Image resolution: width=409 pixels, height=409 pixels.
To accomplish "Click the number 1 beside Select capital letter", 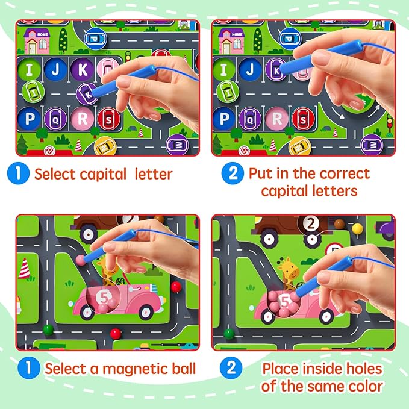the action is pos(18,173).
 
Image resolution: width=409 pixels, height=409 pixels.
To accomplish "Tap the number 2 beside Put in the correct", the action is pos(233,173).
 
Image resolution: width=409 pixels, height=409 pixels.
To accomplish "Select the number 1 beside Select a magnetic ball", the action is pos(29,368).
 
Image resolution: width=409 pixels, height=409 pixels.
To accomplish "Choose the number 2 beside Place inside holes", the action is pos(231,368).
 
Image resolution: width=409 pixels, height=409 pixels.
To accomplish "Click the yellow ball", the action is pos(357,229).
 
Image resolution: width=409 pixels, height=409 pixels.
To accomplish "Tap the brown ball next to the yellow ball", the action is pos(339,224).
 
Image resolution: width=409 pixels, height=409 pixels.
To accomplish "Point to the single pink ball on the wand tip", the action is pos(80,260).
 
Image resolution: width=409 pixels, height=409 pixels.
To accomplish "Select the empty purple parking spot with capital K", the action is pos(83,69).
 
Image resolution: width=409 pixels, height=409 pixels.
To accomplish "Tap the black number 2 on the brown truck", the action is pos(311,223).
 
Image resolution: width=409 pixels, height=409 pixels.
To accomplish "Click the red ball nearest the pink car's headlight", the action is pos(176,287).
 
